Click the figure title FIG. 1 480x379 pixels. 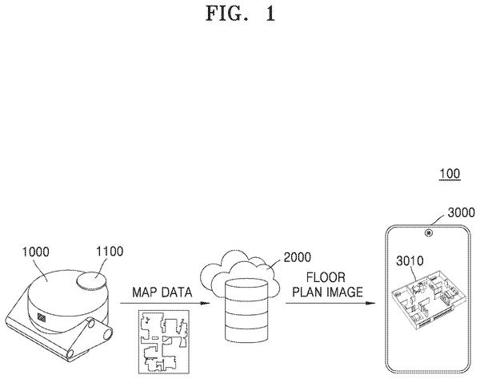pos(240,14)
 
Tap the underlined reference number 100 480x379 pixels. pos(450,174)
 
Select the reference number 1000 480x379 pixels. pos(35,252)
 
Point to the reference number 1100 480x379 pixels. pos(110,251)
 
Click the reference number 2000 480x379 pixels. pos(297,257)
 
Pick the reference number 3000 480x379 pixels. pos(461,212)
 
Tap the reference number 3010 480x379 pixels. pos(410,261)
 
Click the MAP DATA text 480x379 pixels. pos(162,292)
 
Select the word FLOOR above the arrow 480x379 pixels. pos(326,277)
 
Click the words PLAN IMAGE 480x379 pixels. pos(327,292)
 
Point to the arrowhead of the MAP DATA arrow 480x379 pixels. pos(206,303)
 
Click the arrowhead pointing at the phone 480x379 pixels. pos(370,303)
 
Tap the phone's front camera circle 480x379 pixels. pos(429,232)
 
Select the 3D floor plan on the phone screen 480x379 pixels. pos(428,299)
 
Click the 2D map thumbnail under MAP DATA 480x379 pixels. pos(164,341)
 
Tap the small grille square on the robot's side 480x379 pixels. pos(42,317)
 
